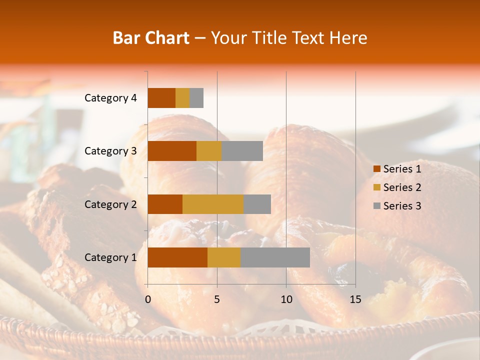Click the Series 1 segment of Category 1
(x=177, y=257)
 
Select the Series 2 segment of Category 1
(x=224, y=257)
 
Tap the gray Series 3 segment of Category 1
(x=275, y=257)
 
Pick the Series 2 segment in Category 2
(x=213, y=204)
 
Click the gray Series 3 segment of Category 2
(x=257, y=204)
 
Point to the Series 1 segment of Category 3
(x=172, y=151)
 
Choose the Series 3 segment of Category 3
(x=242, y=151)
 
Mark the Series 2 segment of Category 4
(x=182, y=98)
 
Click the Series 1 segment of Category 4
(x=161, y=98)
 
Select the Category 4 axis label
(x=110, y=98)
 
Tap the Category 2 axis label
(x=110, y=204)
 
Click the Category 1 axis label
(x=110, y=257)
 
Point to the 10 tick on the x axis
(x=286, y=299)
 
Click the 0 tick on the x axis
(x=148, y=299)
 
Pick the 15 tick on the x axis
(x=355, y=299)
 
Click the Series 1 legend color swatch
(x=376, y=169)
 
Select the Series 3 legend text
(x=402, y=206)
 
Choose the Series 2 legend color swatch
(x=376, y=187)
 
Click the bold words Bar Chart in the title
(x=151, y=38)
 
